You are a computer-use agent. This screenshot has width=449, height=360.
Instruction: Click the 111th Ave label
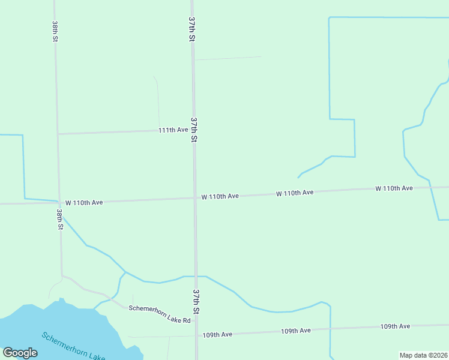click(x=173, y=130)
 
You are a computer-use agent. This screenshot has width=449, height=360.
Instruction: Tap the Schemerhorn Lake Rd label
click(x=159, y=315)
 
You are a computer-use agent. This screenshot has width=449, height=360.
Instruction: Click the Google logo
click(x=20, y=353)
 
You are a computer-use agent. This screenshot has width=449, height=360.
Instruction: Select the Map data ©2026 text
click(x=423, y=355)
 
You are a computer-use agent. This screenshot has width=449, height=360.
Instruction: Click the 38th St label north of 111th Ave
click(x=55, y=31)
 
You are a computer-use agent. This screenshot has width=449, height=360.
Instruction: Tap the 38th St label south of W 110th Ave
click(x=60, y=219)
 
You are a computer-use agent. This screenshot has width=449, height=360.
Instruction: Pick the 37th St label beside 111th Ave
click(x=194, y=130)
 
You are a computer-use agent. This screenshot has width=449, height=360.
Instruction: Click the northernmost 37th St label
click(x=192, y=29)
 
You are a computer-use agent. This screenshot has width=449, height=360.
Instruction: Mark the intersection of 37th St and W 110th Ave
click(x=194, y=197)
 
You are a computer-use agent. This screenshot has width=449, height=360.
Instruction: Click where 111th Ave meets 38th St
click(x=58, y=133)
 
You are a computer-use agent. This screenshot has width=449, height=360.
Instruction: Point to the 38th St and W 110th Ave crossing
click(x=59, y=203)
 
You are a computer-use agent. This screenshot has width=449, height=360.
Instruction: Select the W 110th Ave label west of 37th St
click(x=85, y=202)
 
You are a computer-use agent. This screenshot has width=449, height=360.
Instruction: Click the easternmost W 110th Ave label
click(x=394, y=188)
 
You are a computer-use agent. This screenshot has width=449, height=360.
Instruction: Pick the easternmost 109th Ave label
click(x=395, y=326)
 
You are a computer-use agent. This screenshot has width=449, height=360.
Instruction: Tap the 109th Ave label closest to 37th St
click(x=217, y=334)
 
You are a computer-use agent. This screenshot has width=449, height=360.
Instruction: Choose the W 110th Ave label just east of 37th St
click(x=220, y=196)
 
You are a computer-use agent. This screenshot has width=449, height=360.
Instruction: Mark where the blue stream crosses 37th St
click(x=196, y=276)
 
